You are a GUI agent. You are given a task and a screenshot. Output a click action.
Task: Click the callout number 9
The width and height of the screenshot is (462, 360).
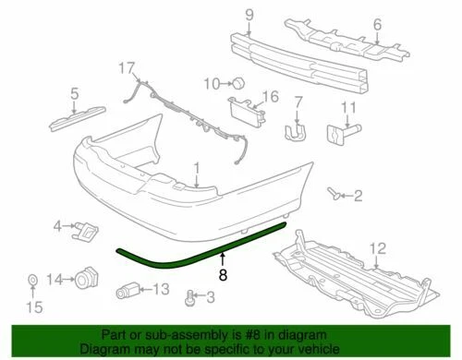(248, 13)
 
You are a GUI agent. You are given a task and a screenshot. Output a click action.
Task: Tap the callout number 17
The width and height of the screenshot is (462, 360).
(128, 66)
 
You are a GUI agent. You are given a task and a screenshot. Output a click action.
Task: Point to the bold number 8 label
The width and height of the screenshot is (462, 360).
(222, 273)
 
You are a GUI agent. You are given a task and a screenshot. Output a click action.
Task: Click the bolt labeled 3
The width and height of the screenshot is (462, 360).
(191, 296)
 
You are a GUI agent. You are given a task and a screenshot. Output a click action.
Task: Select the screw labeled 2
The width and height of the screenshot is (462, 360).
(334, 194)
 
